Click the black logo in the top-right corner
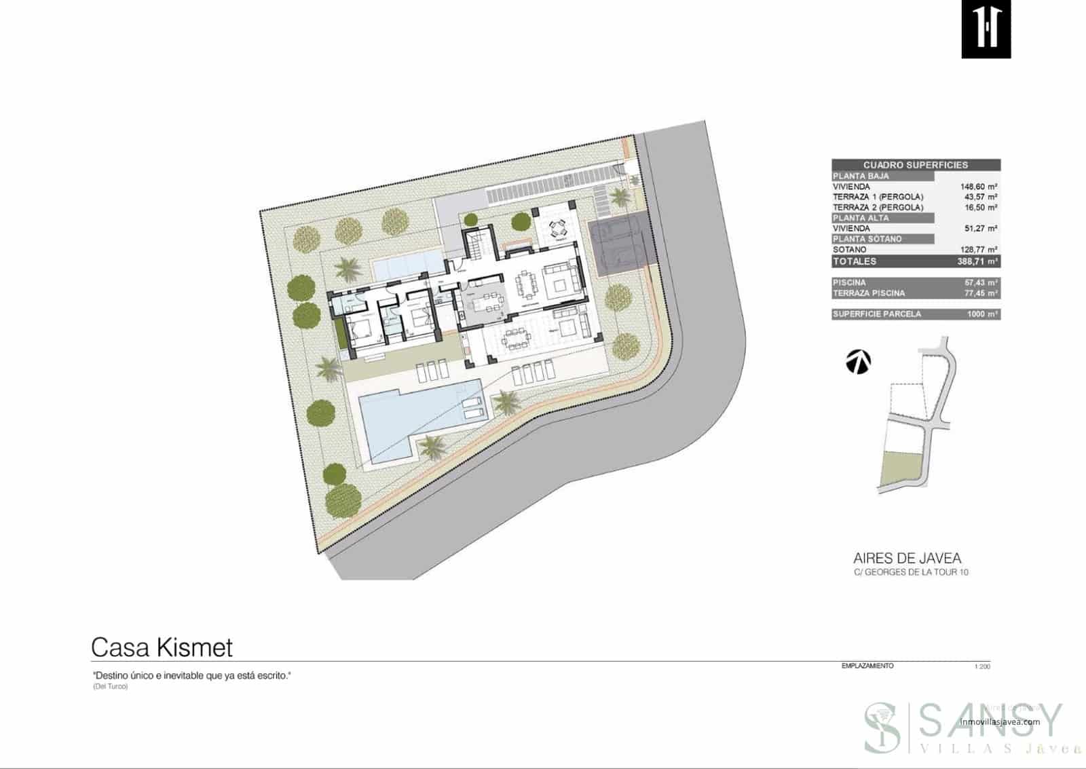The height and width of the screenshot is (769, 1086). point(986,29)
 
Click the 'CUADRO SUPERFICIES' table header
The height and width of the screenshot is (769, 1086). point(915,165)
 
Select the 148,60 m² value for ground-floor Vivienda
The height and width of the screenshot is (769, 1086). point(978,187)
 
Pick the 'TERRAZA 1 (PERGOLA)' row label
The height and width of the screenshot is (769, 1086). point(878,197)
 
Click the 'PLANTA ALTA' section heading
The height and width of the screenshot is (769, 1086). point(861,218)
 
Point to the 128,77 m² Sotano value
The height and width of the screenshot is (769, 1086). point(978,250)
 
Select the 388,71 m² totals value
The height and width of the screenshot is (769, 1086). point(977,261)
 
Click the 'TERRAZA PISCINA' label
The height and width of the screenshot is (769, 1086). point(868,293)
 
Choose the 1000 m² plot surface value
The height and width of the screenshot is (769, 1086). point(982,314)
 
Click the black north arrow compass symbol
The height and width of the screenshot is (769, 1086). point(859,362)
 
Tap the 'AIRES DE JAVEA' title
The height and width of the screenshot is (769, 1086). point(907,559)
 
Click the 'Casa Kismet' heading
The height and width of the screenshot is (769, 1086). point(162,648)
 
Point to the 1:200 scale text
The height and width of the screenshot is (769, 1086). point(981,667)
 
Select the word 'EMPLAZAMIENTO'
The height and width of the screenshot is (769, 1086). point(867,667)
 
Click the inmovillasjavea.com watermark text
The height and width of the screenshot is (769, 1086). point(999,722)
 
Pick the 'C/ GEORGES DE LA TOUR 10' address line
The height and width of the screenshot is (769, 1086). point(911,573)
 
